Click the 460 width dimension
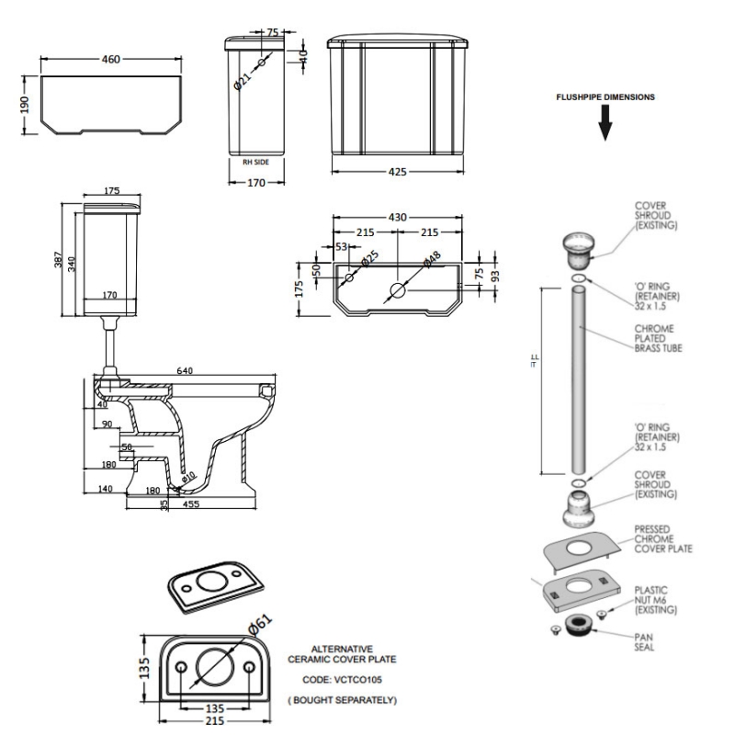tap(111, 60)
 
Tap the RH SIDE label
tap(254, 162)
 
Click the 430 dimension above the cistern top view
tap(397, 217)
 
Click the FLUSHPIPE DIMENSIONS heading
tap(604, 96)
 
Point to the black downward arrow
tap(605, 123)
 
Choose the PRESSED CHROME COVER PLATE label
tap(662, 539)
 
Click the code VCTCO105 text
tap(342, 680)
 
